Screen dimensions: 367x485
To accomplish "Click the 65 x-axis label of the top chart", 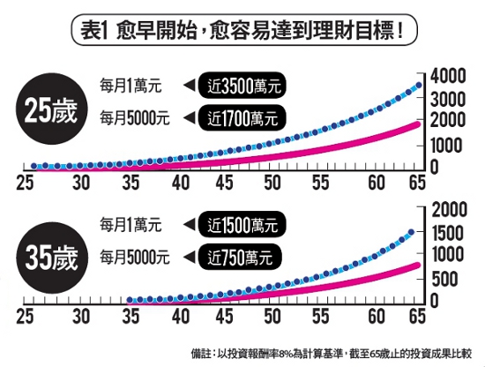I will [412, 183].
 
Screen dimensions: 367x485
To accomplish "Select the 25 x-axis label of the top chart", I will [24, 183].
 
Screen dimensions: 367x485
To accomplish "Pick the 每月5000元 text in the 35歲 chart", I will [135, 257].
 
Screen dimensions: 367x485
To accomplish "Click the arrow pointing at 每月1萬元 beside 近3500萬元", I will [189, 86].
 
